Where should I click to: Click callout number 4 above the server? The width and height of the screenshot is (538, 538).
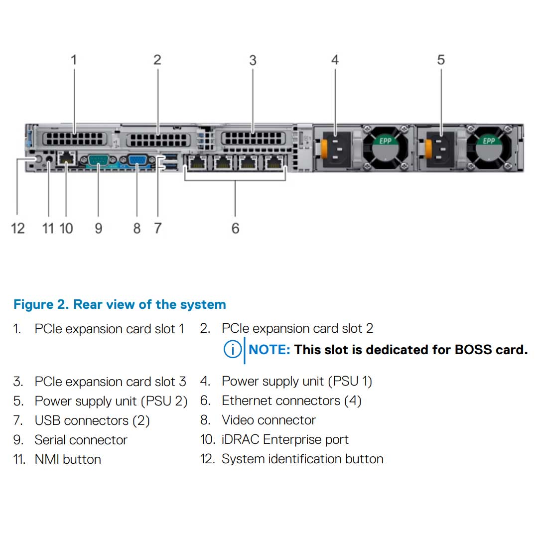[x=335, y=60]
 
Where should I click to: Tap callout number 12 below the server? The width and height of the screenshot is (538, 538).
[x=17, y=228]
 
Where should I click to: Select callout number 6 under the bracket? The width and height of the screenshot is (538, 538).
[x=235, y=228]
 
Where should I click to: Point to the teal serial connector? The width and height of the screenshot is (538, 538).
[x=98, y=160]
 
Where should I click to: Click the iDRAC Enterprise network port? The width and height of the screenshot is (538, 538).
[x=66, y=158]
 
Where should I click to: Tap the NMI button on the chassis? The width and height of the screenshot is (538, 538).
[x=49, y=159]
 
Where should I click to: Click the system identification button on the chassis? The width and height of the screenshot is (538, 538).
[x=34, y=159]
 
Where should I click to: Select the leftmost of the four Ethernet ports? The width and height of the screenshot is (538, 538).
[x=198, y=162]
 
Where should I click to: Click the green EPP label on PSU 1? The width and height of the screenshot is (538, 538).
[x=385, y=141]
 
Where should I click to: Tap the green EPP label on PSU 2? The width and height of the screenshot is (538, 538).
[x=489, y=141]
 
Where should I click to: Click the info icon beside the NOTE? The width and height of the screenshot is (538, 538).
[x=232, y=350]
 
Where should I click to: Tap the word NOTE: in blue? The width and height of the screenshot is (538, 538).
[x=269, y=350]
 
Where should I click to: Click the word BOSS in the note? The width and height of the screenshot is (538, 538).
[x=473, y=350]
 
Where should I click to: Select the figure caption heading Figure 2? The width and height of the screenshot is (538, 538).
[x=120, y=304]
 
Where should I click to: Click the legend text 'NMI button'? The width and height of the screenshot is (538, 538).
[x=68, y=459]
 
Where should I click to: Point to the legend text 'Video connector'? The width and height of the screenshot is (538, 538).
[x=269, y=420]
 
